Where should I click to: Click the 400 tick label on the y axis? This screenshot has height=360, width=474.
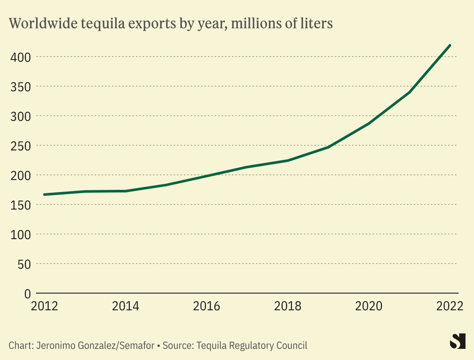point(21,57)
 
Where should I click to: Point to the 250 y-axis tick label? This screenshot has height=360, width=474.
point(21,146)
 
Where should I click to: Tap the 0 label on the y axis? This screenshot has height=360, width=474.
point(27,294)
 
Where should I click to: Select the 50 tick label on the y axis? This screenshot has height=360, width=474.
point(23,264)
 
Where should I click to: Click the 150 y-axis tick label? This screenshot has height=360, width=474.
point(21,205)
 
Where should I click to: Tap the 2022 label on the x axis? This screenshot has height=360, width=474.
point(450,306)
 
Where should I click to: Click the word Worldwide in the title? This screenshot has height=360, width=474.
point(42,24)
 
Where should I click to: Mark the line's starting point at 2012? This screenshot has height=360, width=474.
point(44,195)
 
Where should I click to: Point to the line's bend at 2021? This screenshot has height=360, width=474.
point(410,92)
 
